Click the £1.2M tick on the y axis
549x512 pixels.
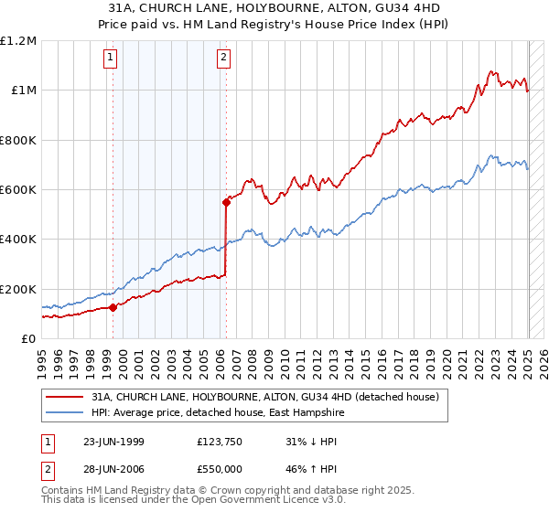click(x=18, y=41)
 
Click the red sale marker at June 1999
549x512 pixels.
click(x=113, y=307)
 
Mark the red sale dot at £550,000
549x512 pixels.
click(x=225, y=202)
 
